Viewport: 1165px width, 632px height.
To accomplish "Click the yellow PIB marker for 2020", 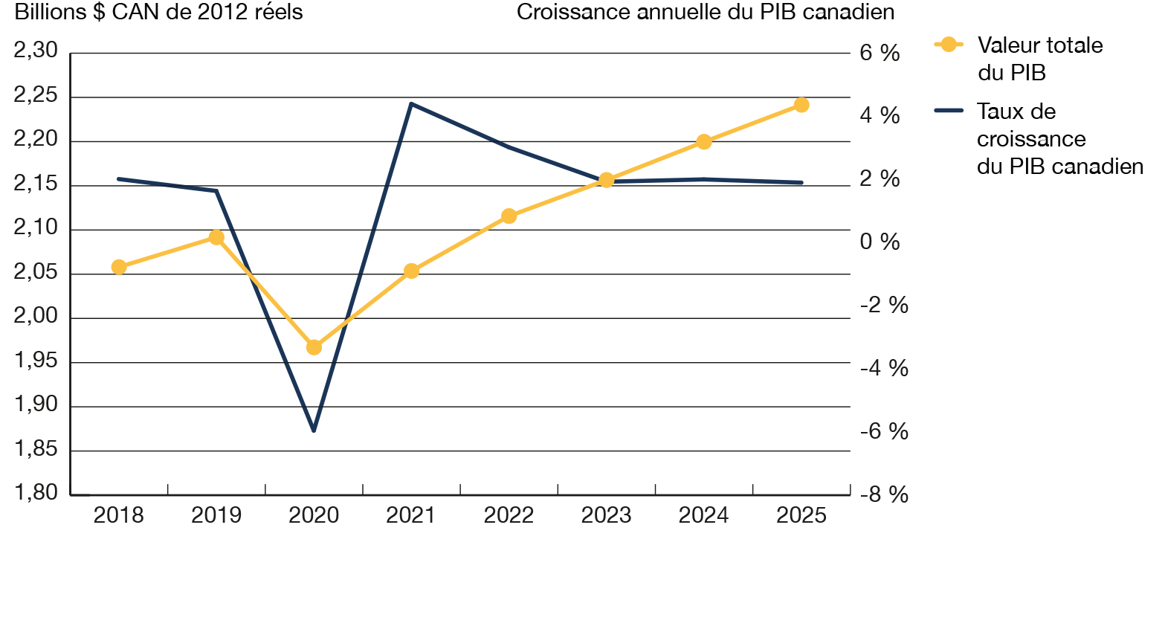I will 314,347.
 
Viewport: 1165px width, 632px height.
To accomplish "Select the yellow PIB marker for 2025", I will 801,105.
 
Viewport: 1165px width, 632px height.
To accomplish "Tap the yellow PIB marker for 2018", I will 119,267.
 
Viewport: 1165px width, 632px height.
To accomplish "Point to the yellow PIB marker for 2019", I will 216,237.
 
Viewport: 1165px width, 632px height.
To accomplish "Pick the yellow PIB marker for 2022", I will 509,216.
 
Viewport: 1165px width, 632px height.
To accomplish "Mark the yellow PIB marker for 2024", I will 704,142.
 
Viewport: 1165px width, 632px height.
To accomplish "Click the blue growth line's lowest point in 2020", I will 314,431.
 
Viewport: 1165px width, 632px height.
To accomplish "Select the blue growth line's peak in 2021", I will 411,103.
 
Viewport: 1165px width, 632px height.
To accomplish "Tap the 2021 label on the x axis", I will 411,515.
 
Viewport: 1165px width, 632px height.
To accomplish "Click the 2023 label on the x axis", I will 606,515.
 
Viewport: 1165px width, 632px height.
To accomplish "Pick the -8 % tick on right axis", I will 884,494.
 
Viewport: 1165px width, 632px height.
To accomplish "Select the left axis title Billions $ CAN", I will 158,13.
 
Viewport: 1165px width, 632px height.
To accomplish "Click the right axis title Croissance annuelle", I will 705,13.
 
